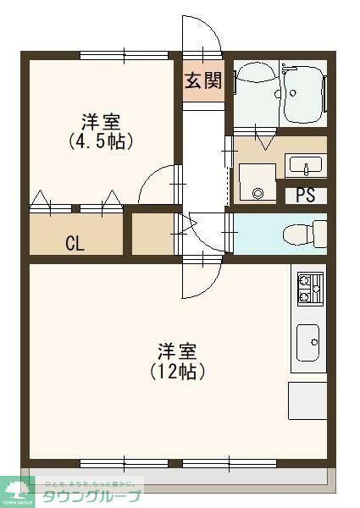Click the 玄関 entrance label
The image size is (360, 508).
[x=203, y=80]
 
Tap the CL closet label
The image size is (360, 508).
[x=75, y=245]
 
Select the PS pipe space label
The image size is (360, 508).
[x=305, y=195]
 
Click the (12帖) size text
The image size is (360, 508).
[x=178, y=370]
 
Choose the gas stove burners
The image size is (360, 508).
[x=308, y=288]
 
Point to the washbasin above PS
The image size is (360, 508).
[x=301, y=163]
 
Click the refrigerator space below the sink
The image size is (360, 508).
[x=307, y=398]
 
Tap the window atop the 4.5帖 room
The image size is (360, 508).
[x=125, y=56]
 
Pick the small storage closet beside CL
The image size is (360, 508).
[x=152, y=234]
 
